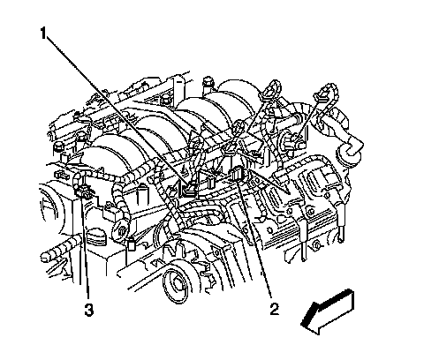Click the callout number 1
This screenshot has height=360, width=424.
[43, 33]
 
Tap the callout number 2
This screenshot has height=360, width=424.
[274, 309]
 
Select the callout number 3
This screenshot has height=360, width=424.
[88, 310]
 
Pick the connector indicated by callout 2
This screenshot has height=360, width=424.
[238, 173]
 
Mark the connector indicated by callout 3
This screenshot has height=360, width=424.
[83, 191]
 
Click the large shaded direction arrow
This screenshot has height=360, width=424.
[328, 312]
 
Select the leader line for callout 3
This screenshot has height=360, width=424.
[86, 250]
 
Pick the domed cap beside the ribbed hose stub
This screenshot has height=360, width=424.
[96, 236]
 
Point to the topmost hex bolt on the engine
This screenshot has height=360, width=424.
[208, 84]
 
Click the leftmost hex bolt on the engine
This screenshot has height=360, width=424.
[58, 149]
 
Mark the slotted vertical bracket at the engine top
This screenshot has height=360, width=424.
[178, 87]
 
